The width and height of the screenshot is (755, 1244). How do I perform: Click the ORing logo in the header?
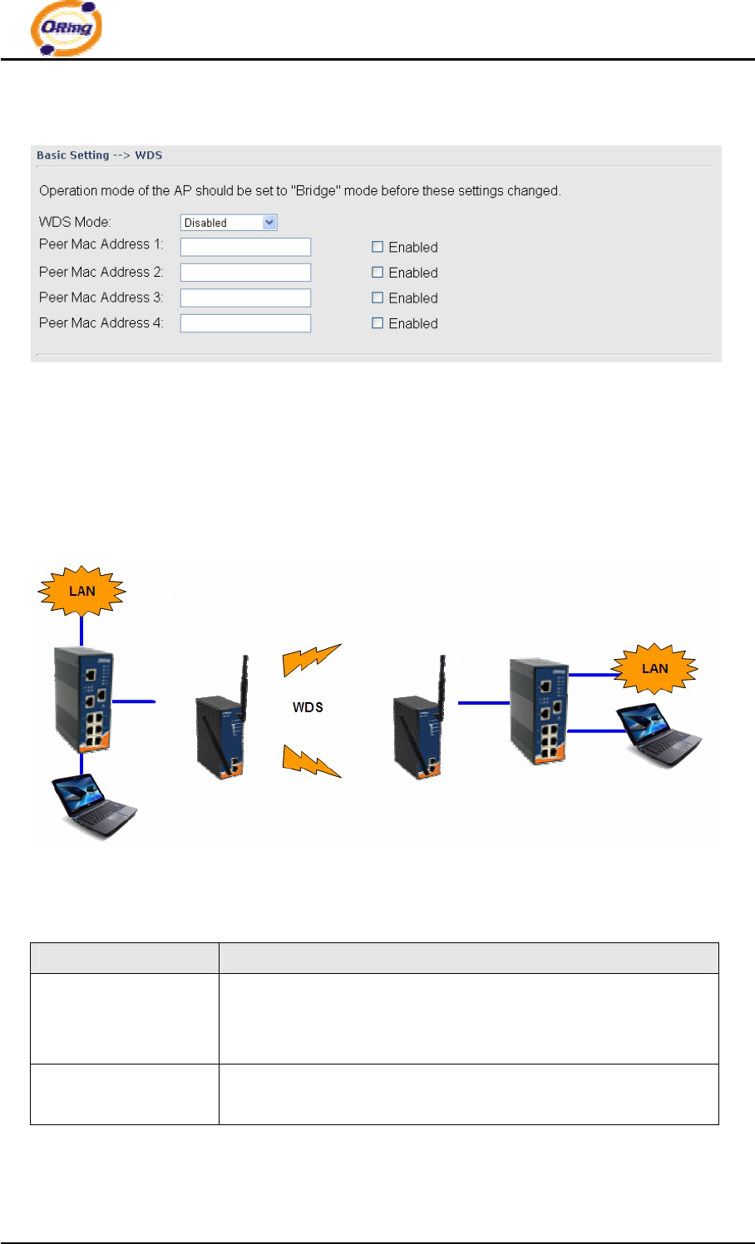tap(66, 29)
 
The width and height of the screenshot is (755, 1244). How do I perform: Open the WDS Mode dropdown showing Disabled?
tap(229, 223)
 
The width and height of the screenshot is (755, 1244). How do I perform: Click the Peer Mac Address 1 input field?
tap(245, 247)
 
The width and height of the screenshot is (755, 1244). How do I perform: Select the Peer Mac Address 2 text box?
tap(245, 273)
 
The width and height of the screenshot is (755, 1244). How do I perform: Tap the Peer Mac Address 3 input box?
tap(245, 297)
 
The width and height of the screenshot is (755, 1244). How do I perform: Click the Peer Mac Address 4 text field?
tap(245, 323)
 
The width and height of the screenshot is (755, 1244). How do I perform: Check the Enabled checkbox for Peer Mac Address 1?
tap(377, 247)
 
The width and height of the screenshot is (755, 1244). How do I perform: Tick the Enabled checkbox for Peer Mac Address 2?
tap(377, 273)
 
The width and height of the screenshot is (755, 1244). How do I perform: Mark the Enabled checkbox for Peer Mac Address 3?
tap(377, 297)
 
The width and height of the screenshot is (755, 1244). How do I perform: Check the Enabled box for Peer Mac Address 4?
tap(377, 323)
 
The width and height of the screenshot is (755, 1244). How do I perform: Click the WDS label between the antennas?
tap(308, 707)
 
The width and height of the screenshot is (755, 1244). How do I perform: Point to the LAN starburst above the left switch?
tap(81, 592)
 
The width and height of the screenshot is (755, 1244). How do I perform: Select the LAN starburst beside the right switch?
tap(654, 669)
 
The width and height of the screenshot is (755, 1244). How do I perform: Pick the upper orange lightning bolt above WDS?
tap(311, 659)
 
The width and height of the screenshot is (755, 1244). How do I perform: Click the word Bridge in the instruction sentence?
tap(316, 191)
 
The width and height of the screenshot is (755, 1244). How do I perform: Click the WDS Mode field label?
tap(75, 222)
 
